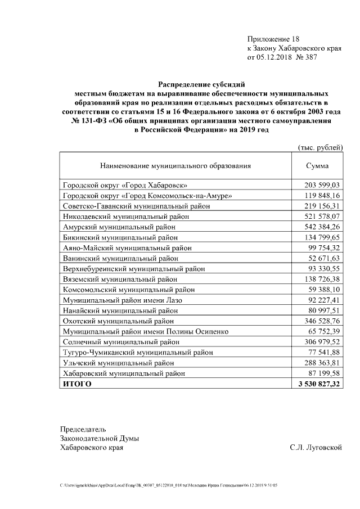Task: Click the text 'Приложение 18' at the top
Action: [273, 39]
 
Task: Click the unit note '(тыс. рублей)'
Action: [319, 147]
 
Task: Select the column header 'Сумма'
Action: [317, 166]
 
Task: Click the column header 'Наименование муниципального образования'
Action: [175, 166]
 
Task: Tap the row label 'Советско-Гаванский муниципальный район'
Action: [135, 206]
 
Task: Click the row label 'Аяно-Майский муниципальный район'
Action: [123, 248]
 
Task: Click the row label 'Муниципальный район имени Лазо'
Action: [118, 300]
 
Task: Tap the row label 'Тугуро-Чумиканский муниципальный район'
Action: [138, 353]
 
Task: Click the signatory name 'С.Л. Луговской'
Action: [316, 448]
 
